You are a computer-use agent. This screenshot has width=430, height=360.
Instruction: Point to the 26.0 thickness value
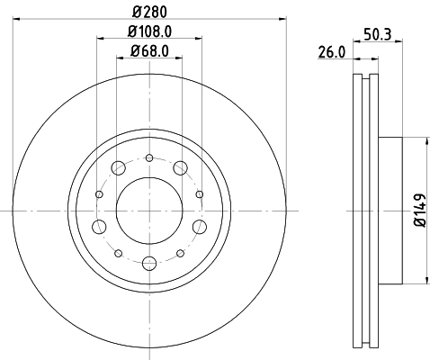[x=331, y=52]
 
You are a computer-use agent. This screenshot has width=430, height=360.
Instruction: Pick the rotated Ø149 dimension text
[x=418, y=210]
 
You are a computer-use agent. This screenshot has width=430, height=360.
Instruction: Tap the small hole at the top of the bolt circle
[x=149, y=158]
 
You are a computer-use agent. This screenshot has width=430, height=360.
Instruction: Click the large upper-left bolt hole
[x=118, y=167]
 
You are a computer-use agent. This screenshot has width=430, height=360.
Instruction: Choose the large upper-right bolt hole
[x=181, y=167]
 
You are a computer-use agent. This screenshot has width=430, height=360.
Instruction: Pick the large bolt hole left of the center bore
[x=100, y=225]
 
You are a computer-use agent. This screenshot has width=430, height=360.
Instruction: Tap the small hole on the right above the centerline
[x=199, y=193]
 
